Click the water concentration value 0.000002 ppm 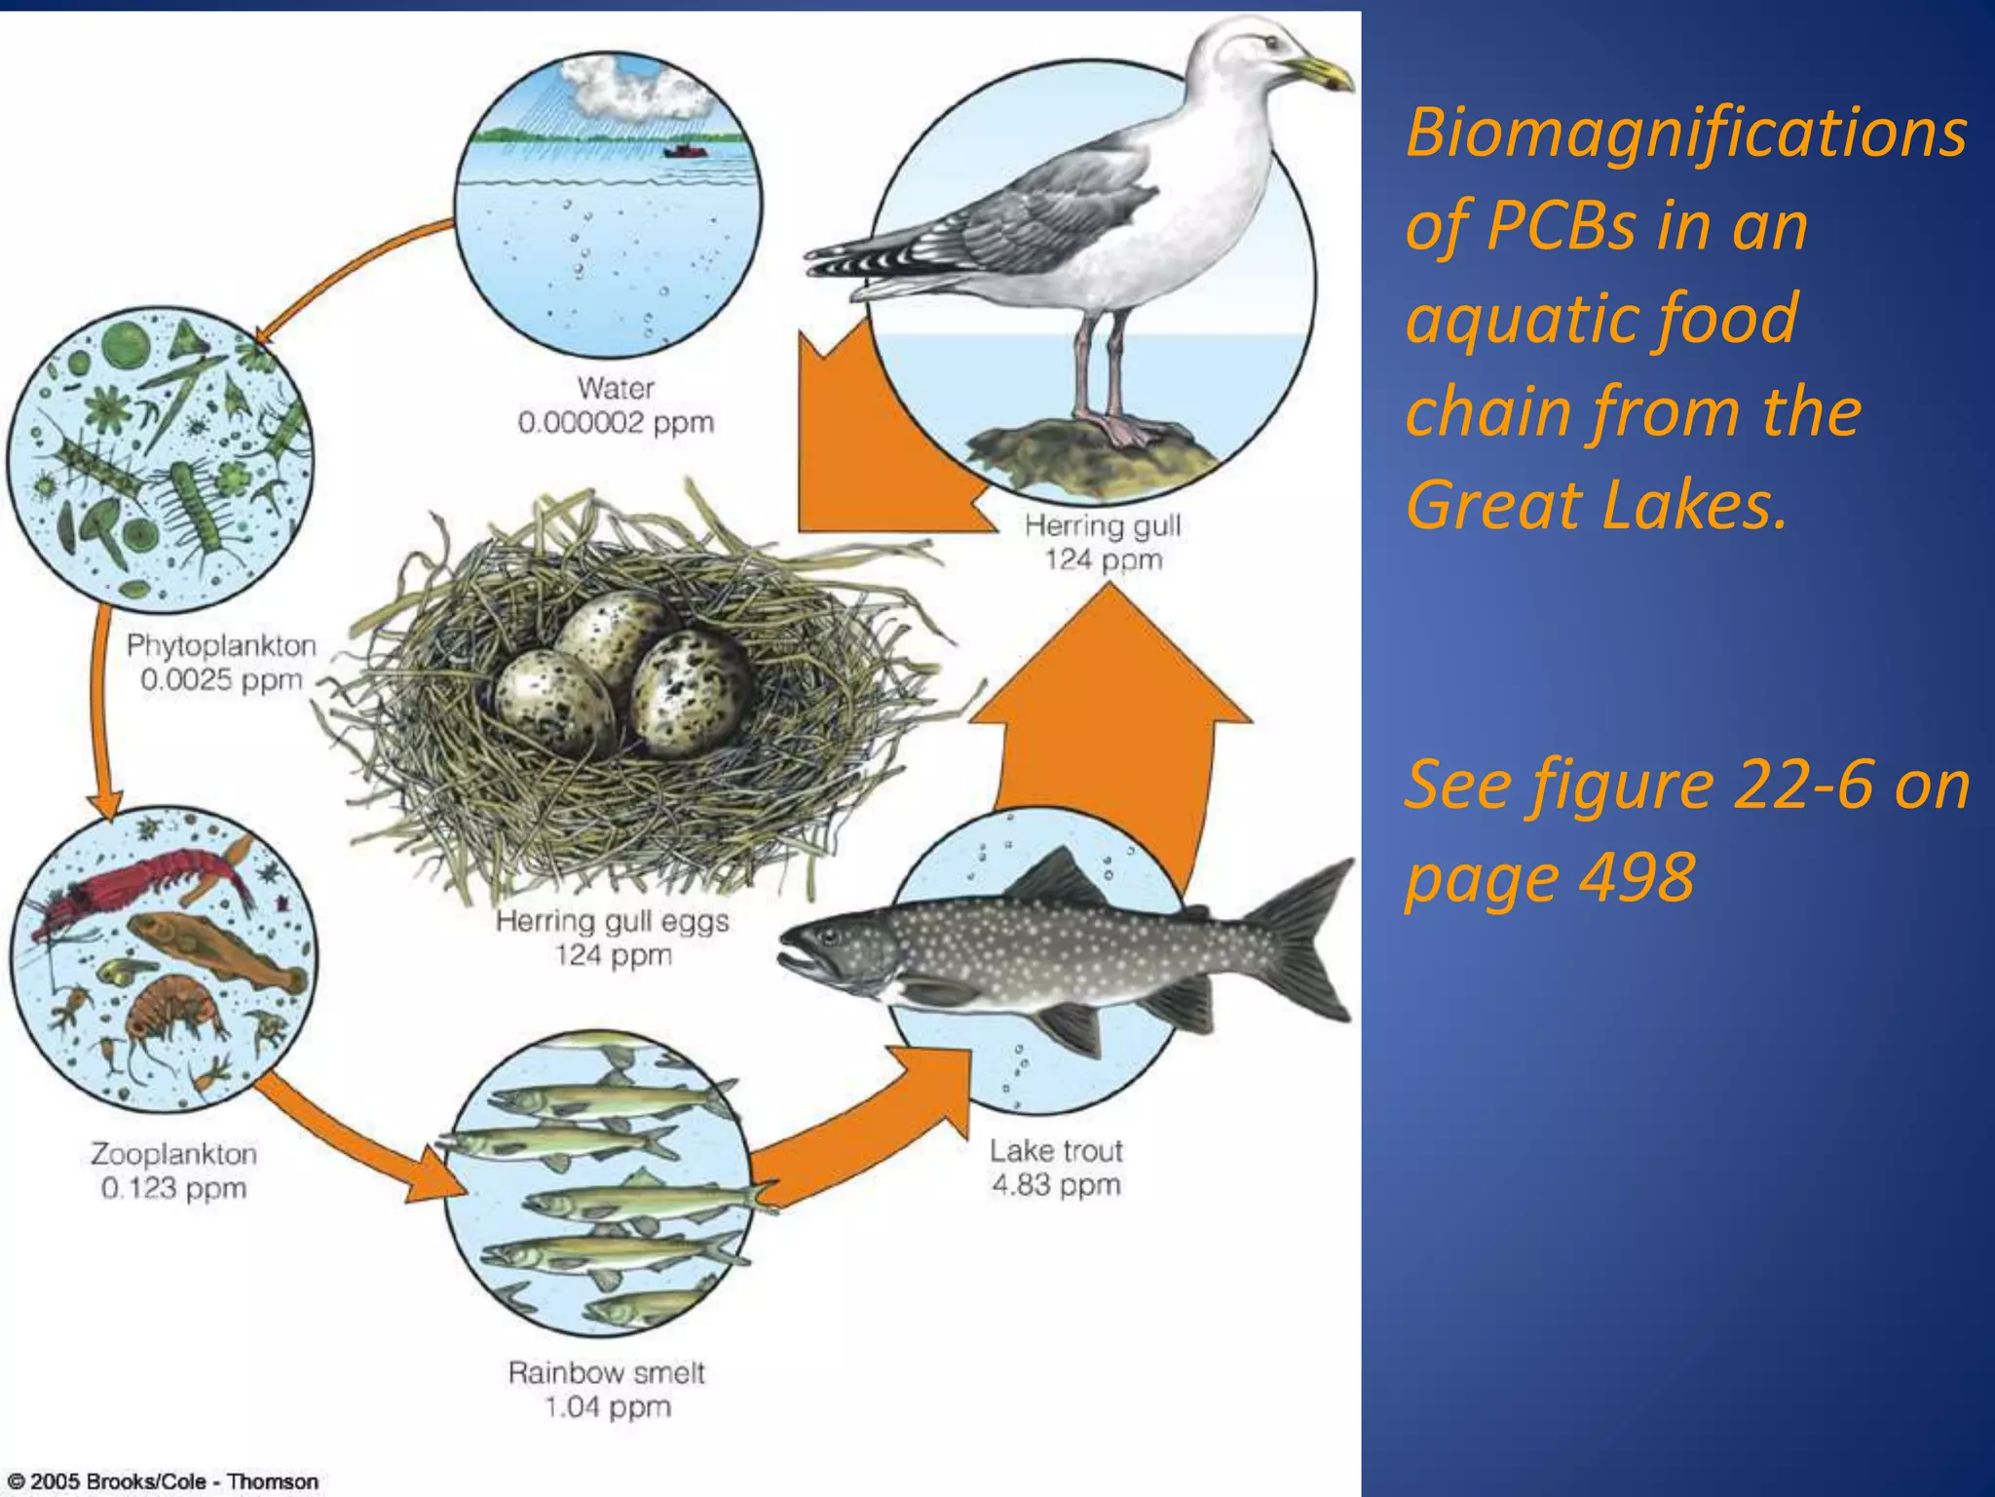pos(616,423)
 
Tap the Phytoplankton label pos(221,645)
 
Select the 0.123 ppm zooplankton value pos(173,1188)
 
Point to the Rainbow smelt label pos(606,1372)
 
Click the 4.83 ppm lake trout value pos(1056,1185)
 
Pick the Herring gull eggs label pos(612,921)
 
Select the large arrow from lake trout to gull pos(1110,721)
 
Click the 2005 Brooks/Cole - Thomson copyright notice pos(164,1481)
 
